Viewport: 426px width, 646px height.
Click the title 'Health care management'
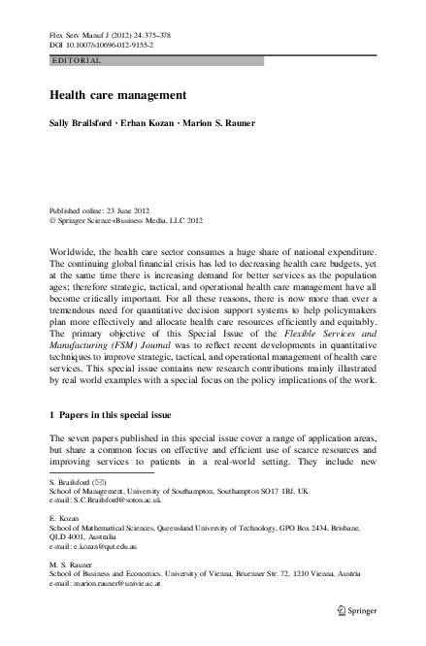click(x=113, y=97)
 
